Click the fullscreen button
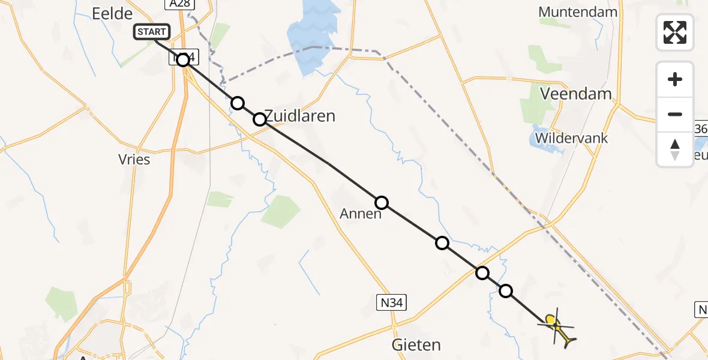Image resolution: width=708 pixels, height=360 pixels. [x=675, y=32]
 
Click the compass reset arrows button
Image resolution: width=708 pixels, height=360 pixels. [x=675, y=149]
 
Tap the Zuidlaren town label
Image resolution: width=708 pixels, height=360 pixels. [x=299, y=116]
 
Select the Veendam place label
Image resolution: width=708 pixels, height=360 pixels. [x=576, y=94]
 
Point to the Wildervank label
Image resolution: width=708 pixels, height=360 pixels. [x=571, y=138]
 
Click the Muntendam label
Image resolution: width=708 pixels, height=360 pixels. [x=578, y=12]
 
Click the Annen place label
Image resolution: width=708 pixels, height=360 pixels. [x=361, y=214]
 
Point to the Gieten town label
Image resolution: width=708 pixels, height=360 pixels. [x=416, y=345]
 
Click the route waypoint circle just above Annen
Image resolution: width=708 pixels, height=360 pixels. [x=382, y=203]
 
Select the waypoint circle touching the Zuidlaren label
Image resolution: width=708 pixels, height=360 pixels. [x=260, y=119]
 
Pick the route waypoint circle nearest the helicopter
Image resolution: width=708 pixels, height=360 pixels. [x=506, y=291]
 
